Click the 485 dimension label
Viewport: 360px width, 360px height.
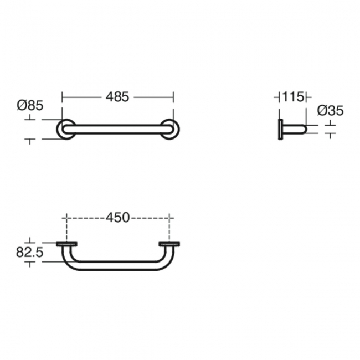[x=117, y=97]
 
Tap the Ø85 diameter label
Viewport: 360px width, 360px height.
[x=30, y=105]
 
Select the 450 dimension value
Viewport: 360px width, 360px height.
[x=117, y=218]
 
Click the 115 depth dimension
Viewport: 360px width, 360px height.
[x=292, y=97]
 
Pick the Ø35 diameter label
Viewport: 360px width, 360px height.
[x=330, y=111]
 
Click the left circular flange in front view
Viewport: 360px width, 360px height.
[x=66, y=129]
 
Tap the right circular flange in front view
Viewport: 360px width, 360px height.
[x=170, y=129]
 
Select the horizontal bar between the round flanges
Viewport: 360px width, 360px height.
[x=117, y=129]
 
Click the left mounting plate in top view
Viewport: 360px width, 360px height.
[x=67, y=244]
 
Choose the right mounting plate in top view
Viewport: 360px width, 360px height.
[x=169, y=244]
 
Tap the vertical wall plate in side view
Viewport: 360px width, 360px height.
[x=280, y=130]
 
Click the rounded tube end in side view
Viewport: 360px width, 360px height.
[x=302, y=130]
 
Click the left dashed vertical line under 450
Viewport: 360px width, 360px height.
[x=66, y=230]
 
